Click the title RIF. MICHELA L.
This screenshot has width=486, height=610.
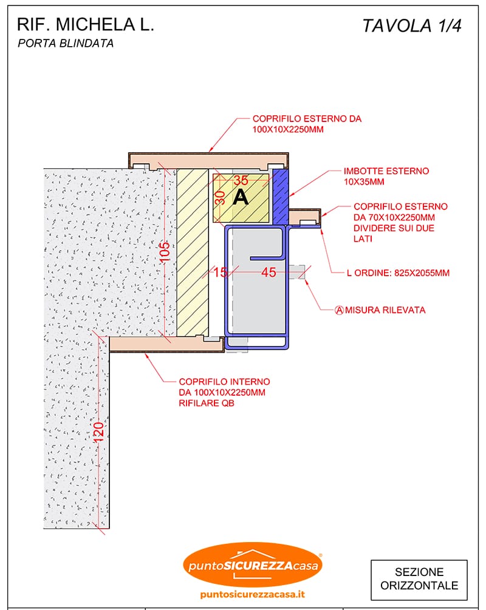(86, 24)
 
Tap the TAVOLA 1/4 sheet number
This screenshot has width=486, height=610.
(412, 25)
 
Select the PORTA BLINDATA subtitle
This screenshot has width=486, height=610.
(66, 43)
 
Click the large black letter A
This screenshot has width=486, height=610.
(241, 197)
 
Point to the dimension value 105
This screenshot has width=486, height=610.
(165, 252)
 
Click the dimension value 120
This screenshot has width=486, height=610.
(98, 432)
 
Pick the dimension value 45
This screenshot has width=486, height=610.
(269, 272)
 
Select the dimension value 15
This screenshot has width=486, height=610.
(221, 272)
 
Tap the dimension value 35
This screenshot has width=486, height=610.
(241, 180)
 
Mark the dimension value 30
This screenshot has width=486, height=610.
(220, 198)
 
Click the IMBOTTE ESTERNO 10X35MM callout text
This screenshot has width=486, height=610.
(386, 176)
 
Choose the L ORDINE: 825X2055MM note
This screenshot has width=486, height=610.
(398, 273)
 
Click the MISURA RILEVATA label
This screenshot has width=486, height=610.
(385, 310)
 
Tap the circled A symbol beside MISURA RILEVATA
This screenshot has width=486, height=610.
(339, 310)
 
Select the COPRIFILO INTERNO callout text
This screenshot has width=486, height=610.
(224, 392)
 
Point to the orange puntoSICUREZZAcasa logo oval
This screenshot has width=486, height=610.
(253, 564)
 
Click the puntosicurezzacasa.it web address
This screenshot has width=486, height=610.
(252, 594)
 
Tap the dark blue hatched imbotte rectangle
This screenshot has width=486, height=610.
(281, 197)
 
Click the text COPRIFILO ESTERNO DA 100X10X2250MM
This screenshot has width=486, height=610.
(307, 124)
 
